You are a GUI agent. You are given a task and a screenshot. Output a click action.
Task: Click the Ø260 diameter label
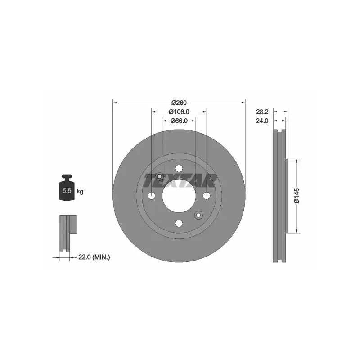pos(179,103)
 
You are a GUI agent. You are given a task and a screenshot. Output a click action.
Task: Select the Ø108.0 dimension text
pos(179,112)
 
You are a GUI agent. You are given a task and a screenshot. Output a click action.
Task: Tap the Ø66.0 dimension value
pos(179,121)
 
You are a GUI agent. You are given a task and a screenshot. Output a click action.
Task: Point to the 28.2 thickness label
pos(262,112)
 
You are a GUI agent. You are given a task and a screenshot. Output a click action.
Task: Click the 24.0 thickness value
pos(262,121)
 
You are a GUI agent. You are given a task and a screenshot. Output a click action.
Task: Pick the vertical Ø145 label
pos(297,196)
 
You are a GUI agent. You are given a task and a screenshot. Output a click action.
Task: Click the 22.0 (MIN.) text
pos(94,257)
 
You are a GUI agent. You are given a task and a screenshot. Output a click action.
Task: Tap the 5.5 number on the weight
pos(67,190)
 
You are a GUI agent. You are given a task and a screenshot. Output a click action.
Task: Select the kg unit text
pos(80,191)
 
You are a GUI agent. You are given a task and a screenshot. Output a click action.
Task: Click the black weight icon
pos(67,188)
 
